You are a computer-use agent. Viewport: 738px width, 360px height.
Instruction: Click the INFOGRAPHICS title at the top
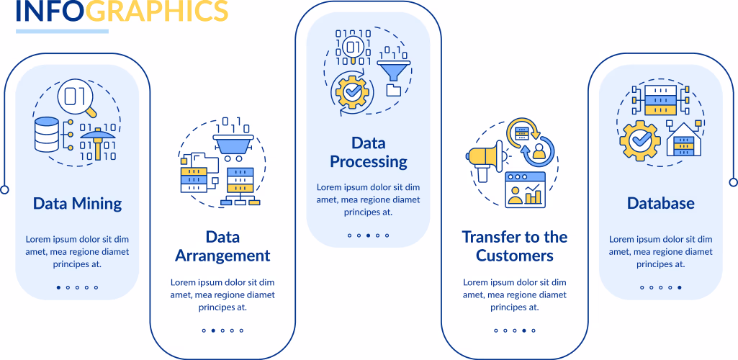click(122, 11)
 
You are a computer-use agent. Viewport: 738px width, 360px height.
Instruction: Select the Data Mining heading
click(77, 204)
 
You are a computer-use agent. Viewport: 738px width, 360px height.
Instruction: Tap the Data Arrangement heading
click(222, 246)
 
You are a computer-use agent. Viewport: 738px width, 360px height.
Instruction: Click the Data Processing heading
click(368, 152)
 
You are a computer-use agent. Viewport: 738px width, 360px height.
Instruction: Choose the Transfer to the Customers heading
click(514, 246)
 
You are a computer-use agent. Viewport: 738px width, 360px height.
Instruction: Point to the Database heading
click(660, 203)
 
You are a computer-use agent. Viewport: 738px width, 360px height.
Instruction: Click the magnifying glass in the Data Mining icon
click(78, 98)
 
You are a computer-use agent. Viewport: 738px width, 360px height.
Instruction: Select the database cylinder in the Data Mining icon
click(47, 135)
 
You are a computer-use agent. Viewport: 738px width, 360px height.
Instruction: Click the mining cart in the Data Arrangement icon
click(233, 143)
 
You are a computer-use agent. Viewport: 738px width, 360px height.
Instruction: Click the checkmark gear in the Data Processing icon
click(351, 92)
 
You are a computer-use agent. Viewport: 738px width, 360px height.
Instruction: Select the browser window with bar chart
click(526, 189)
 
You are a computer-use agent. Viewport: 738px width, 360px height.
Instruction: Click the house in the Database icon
click(684, 140)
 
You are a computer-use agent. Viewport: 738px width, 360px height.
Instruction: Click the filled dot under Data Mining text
click(58, 287)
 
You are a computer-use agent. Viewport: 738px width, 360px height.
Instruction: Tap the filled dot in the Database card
click(679, 287)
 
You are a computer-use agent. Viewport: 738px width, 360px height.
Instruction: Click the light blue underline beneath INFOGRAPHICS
click(62, 31)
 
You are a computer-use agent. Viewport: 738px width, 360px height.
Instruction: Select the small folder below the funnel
click(393, 90)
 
